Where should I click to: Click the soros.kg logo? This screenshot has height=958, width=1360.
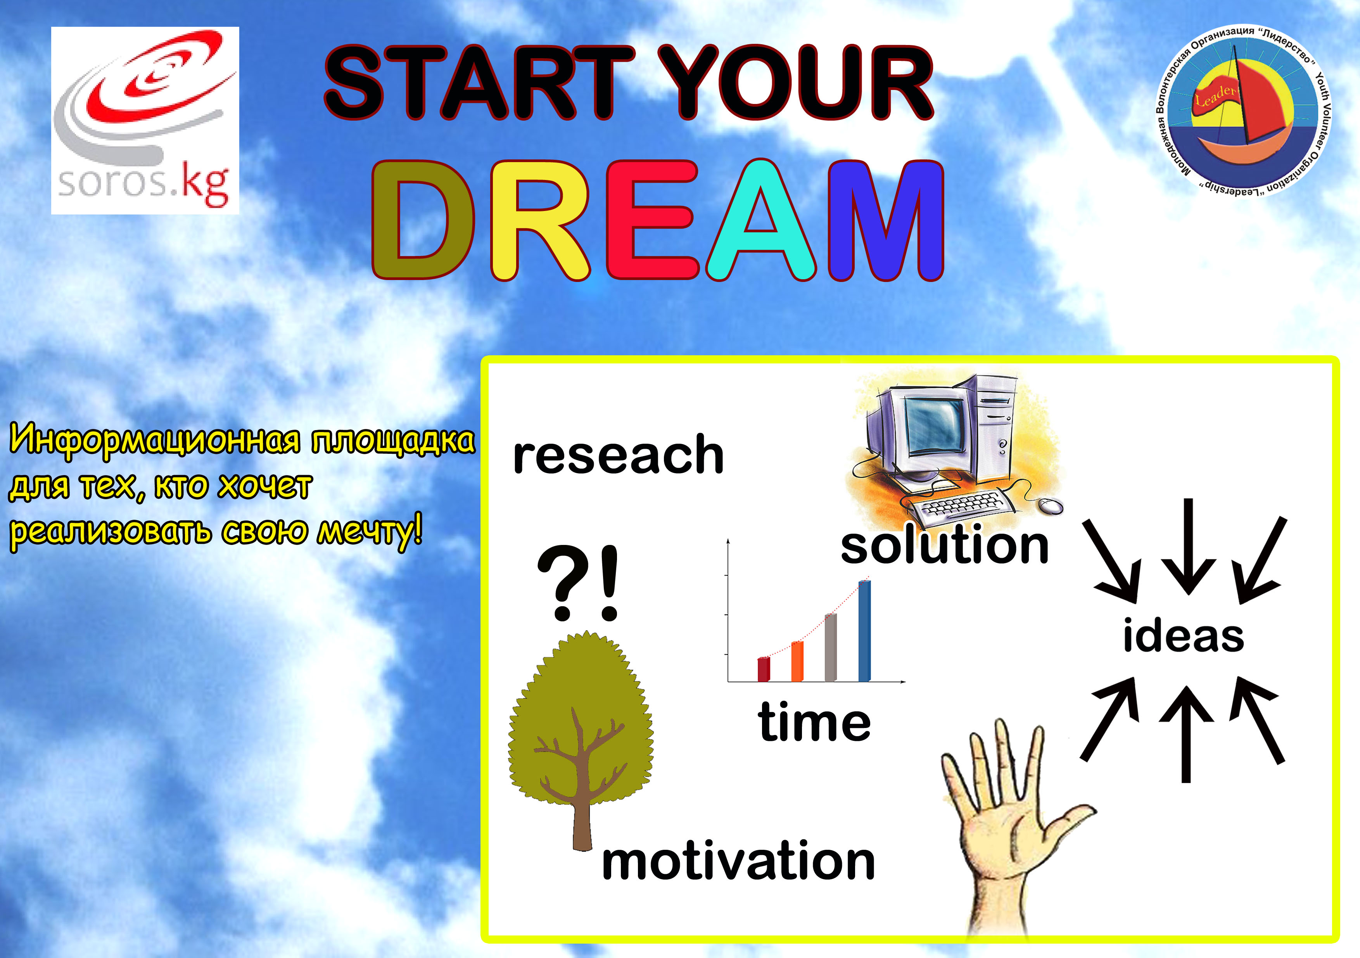(x=145, y=120)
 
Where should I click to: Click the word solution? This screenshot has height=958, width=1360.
(x=944, y=545)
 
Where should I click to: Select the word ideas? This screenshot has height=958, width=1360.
(x=1184, y=635)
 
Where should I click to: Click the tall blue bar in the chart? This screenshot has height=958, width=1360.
(x=865, y=631)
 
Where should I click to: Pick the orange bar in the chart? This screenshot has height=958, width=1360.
(x=797, y=662)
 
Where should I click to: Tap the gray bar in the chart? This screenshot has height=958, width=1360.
(x=830, y=648)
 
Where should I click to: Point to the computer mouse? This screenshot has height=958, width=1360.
(x=1050, y=505)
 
